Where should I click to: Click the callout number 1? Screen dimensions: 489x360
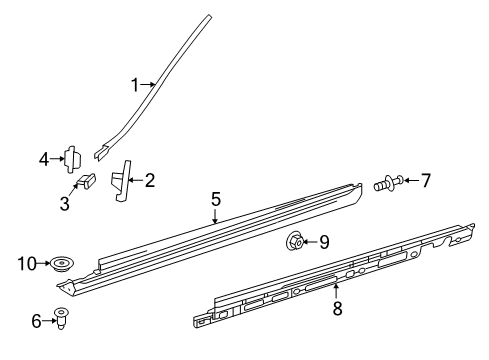tap(135, 85)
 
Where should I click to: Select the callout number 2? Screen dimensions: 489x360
tap(150, 180)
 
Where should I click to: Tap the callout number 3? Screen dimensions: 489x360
tap(65, 203)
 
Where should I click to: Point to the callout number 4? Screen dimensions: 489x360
tap(44, 159)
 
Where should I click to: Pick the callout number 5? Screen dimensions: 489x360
tap(216, 199)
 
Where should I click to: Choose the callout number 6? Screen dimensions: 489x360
tap(36, 321)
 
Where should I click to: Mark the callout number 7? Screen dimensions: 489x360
tap(426, 180)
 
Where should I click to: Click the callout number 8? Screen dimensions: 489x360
tap(337, 309)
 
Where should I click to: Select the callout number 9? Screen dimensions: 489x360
tap(324, 242)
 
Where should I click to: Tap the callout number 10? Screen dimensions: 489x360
tap(27, 264)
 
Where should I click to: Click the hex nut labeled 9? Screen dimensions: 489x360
tap(295, 241)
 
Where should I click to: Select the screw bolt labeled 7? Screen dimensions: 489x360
tap(388, 183)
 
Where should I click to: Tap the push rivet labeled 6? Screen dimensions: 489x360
tap(61, 318)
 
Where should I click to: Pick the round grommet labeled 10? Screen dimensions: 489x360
tap(61, 265)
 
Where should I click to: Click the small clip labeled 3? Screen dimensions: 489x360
tap(87, 180)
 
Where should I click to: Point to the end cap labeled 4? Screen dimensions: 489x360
tap(72, 159)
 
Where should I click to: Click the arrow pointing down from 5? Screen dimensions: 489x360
tap(216, 215)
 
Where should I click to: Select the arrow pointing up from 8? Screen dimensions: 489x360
tap(336, 291)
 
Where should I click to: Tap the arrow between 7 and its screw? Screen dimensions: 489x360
tap(411, 180)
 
